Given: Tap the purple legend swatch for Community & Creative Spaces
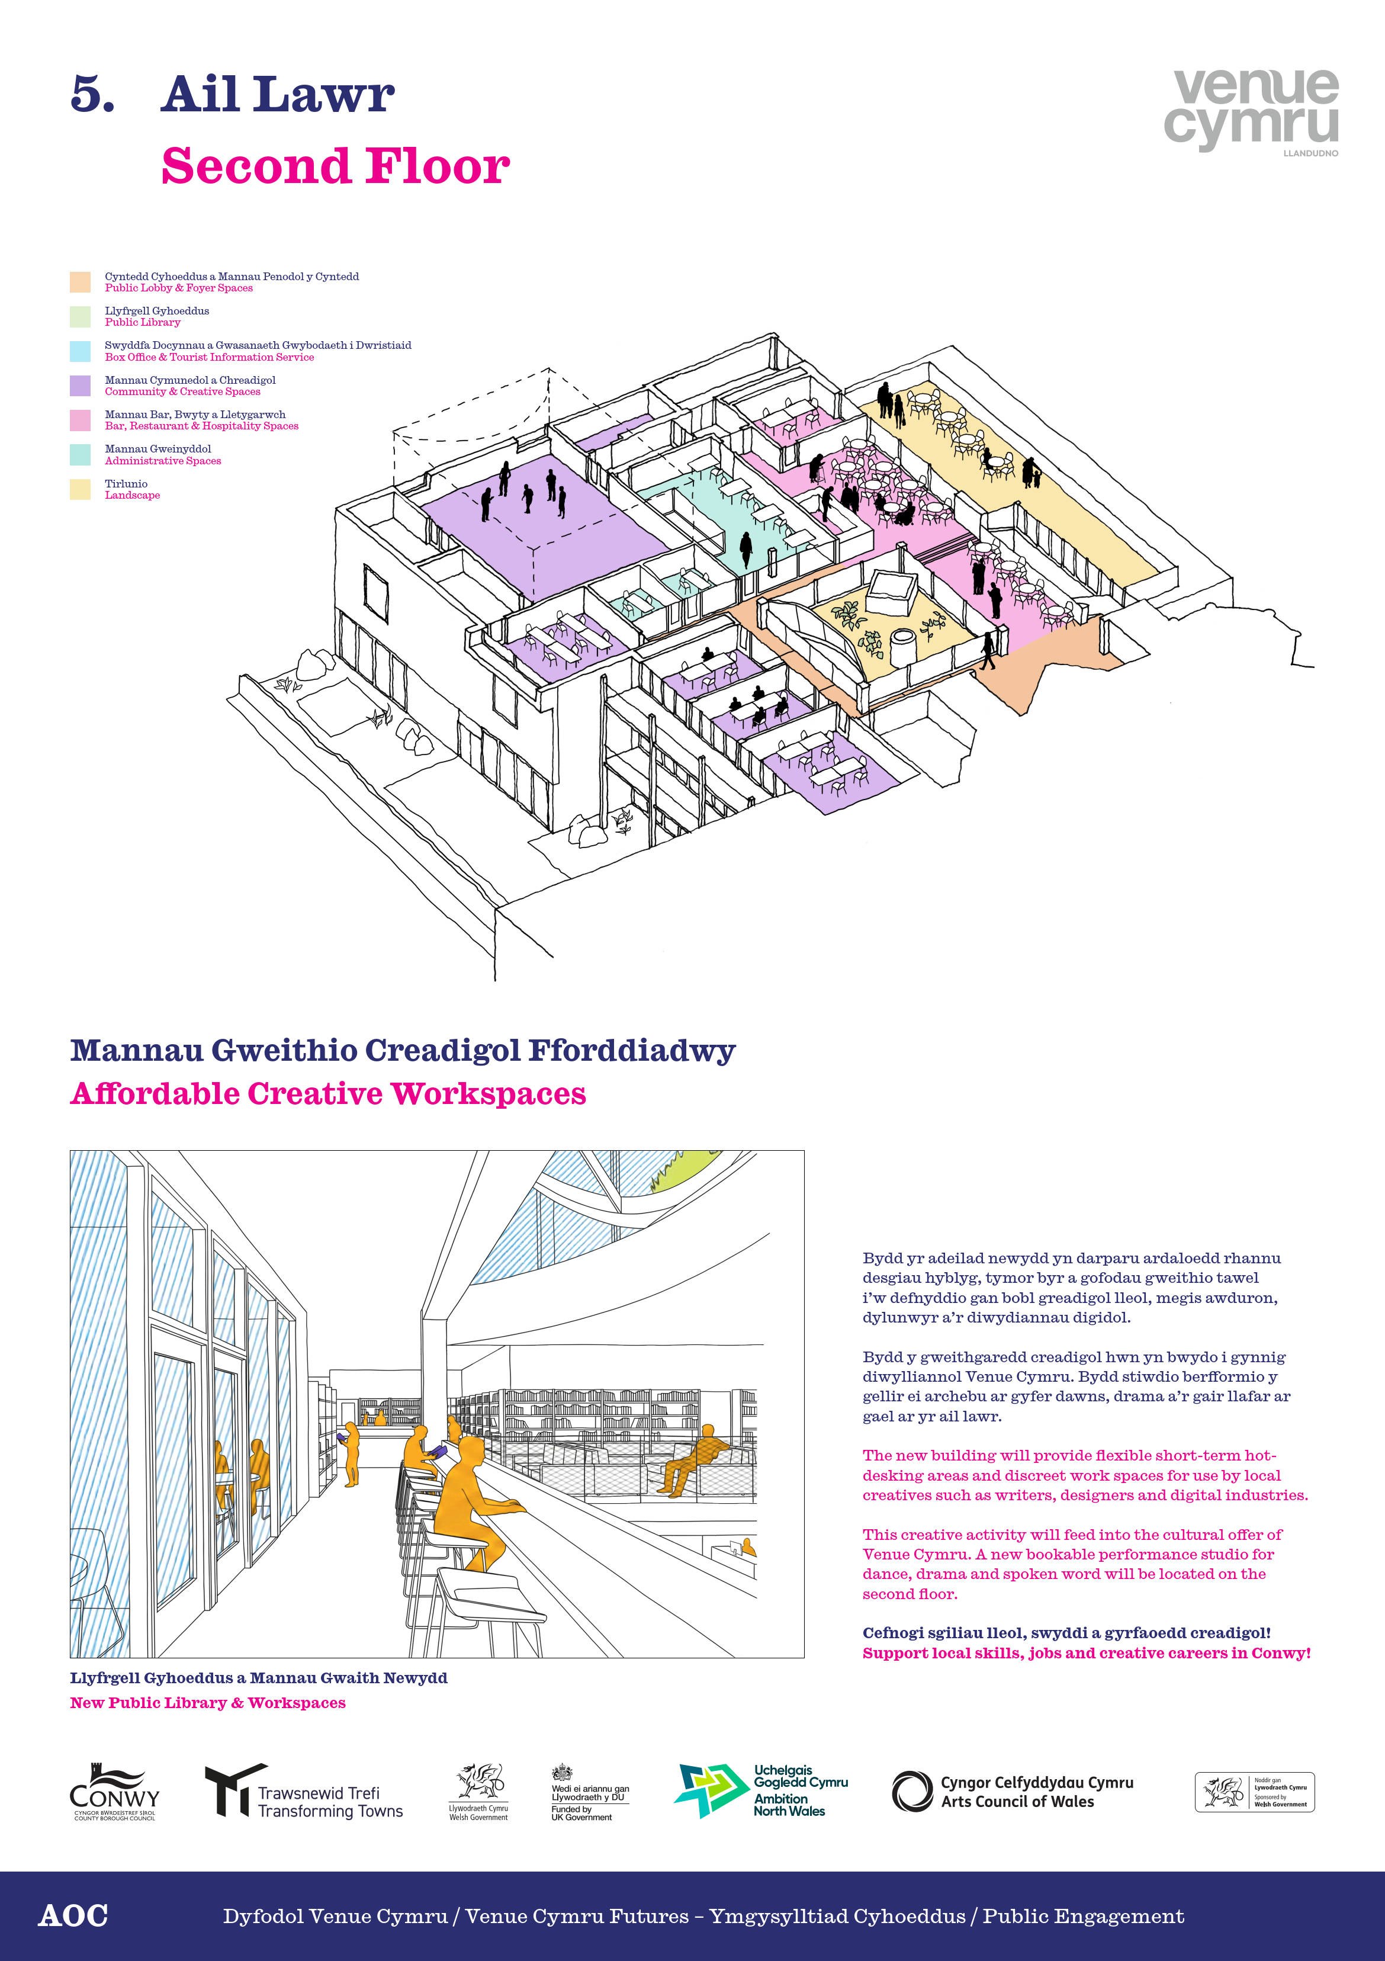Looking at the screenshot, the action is (81, 385).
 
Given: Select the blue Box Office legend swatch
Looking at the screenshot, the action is (81, 351).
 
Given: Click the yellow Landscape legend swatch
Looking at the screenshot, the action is (81, 489).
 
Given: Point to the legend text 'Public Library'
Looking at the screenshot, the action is (143, 323).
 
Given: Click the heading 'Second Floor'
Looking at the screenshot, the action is (336, 166).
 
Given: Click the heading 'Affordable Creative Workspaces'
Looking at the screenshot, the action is (328, 1093).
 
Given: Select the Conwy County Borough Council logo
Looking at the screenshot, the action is (114, 1791).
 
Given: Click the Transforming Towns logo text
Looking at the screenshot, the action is (330, 1802).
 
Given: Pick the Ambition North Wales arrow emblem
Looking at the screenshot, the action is (711, 1790).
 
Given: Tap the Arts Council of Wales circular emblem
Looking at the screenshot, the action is (912, 1791).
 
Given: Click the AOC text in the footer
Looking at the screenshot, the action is (73, 1916).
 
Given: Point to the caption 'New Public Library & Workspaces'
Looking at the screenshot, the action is (207, 1702).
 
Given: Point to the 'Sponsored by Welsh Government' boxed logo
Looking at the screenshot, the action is (1254, 1792).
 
